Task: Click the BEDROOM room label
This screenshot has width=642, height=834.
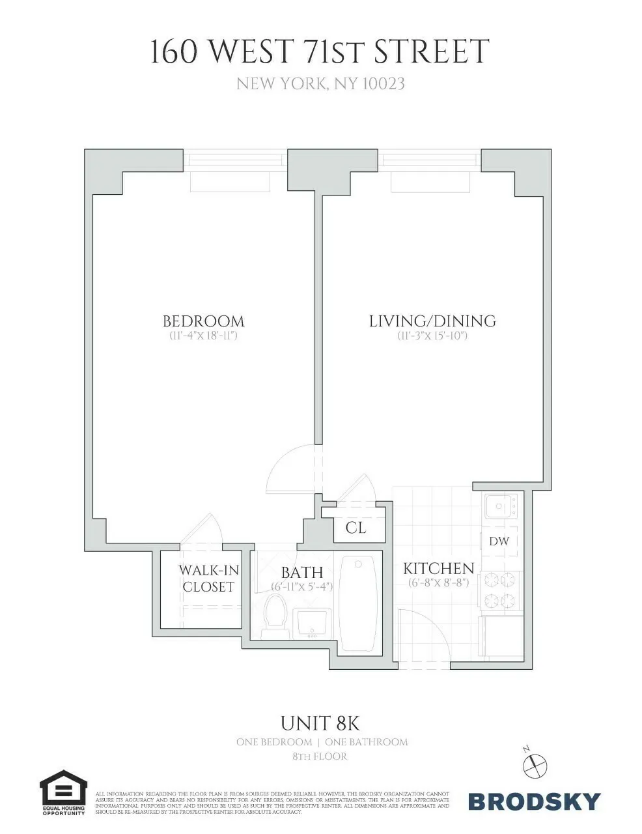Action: tap(203, 321)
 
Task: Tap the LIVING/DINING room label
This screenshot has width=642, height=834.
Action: tap(432, 321)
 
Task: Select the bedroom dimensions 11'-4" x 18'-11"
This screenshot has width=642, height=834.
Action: tap(203, 336)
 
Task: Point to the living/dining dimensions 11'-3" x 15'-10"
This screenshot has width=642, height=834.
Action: tap(432, 336)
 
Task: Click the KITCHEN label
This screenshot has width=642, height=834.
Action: tap(438, 568)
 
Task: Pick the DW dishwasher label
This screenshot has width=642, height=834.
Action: tap(499, 541)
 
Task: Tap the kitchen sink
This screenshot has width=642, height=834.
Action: tap(499, 506)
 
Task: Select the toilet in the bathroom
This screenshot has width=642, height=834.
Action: tap(276, 616)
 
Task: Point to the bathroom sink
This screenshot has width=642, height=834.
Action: tap(313, 623)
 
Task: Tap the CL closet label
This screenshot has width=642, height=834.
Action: tap(356, 528)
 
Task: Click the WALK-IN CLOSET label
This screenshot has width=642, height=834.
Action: tap(208, 579)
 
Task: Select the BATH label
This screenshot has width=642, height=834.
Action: tap(302, 573)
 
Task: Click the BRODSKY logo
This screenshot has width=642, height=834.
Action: tap(534, 801)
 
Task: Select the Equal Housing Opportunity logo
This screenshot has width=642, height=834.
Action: tap(63, 792)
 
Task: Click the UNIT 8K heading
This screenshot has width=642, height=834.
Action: tap(320, 723)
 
